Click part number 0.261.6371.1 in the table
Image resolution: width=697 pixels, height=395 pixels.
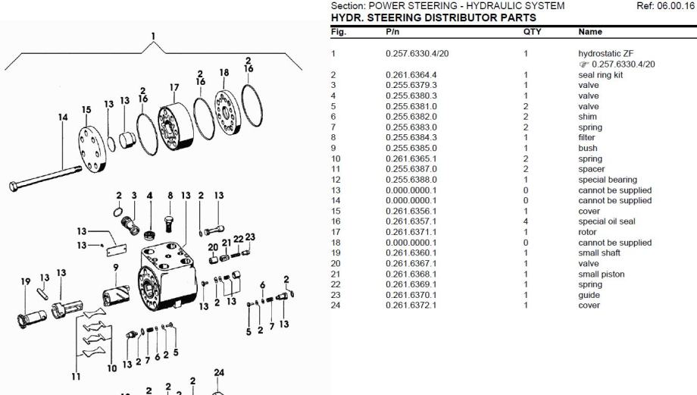[x=412, y=232]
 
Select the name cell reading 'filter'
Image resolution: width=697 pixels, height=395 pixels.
[x=588, y=138]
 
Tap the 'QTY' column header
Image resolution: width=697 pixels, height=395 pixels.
[x=533, y=32]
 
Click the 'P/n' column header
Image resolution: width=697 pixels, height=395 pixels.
[x=392, y=32]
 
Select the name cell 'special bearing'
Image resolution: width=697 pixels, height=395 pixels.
[x=607, y=180]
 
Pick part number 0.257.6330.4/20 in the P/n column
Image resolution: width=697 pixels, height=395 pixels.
[x=417, y=54]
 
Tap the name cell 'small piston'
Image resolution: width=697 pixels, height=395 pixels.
[x=602, y=274]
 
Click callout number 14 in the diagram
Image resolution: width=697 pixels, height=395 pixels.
[x=63, y=118]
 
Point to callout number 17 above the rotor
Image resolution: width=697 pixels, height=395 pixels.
[x=174, y=87]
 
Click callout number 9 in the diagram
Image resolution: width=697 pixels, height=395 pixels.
[x=116, y=267]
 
